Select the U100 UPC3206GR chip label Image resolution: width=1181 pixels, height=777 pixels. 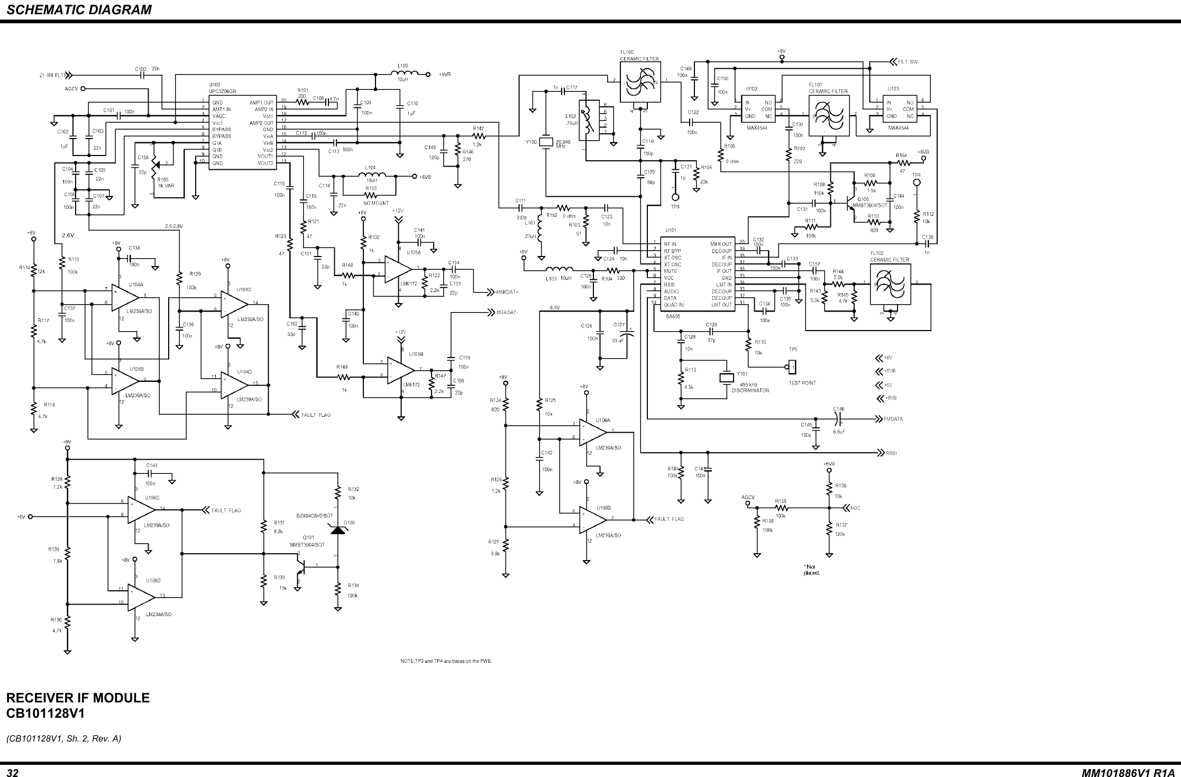[222, 88]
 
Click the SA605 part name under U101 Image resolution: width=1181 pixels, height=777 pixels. [673, 316]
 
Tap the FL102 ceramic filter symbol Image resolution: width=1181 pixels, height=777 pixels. [891, 284]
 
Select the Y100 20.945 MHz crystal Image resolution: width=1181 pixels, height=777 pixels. [545, 142]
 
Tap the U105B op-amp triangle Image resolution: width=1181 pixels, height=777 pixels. [400, 370]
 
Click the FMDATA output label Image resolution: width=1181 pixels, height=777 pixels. [893, 419]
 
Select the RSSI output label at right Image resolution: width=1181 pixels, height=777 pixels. [891, 453]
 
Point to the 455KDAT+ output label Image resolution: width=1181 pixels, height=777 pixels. [507, 291]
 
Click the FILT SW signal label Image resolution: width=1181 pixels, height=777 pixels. [908, 61]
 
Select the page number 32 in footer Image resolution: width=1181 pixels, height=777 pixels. [12, 773]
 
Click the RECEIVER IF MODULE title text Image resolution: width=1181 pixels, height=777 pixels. [78, 698]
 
